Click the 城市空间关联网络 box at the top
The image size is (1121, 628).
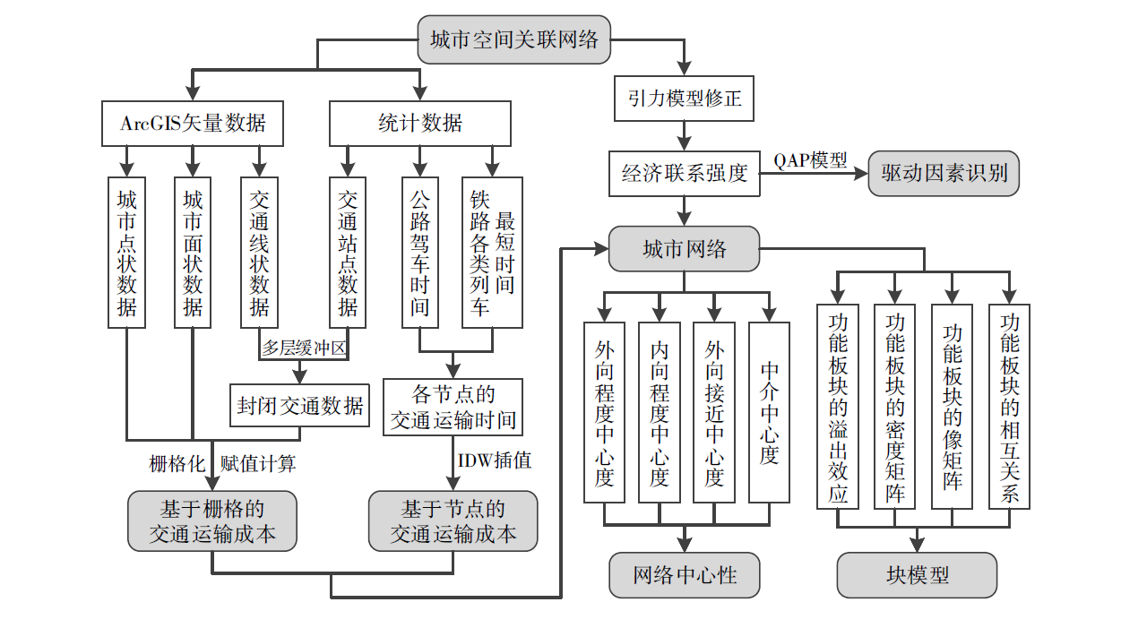(514, 39)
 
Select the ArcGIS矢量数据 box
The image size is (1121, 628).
(193, 123)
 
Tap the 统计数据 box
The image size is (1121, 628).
(420, 123)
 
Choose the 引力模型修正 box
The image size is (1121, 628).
(684, 98)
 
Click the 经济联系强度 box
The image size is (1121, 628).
(684, 172)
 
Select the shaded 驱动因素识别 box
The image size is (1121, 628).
(944, 173)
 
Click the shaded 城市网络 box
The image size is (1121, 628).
(684, 248)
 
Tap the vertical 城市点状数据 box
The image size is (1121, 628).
(127, 253)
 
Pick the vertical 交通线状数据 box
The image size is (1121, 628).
(259, 253)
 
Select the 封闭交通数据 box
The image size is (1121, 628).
(300, 405)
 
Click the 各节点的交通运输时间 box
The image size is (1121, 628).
(453, 407)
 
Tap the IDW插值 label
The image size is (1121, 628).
(495, 460)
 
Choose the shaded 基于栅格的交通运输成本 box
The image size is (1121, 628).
(212, 520)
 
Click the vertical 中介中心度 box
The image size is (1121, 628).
(769, 412)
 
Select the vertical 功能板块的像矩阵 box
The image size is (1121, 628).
(952, 406)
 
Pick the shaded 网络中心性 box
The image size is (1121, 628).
(685, 574)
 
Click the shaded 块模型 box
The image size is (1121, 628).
(917, 574)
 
